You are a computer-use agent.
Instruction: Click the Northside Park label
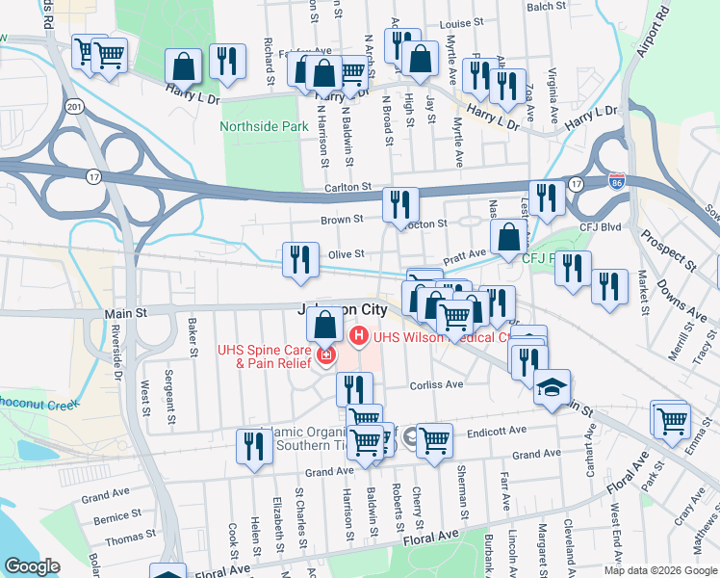pos(264,126)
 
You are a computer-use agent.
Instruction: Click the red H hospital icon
pos(359,336)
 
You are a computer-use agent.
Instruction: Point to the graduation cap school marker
pos(551,388)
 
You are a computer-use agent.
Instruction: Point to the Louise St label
pos(461,23)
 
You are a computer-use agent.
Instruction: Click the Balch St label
pos(546,6)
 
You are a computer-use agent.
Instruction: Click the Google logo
pos(32,565)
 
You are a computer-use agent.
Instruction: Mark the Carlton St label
pos(347,187)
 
